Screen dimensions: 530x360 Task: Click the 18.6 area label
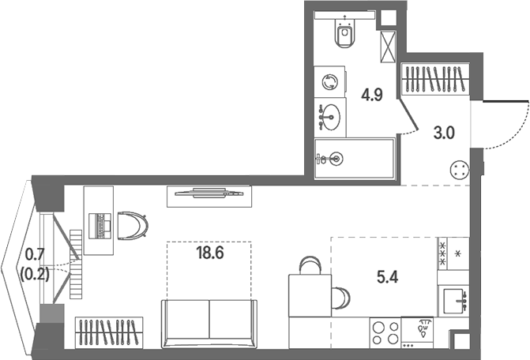coord(210,253)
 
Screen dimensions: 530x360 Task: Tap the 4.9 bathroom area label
coord(372,95)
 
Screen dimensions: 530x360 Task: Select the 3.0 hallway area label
coord(444,133)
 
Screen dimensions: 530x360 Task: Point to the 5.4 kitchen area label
coord(387,277)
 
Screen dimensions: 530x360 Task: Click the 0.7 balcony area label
coord(35,254)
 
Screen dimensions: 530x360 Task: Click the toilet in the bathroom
coord(344,33)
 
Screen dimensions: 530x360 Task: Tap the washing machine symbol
coord(329,82)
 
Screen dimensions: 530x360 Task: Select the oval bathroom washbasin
coord(330,117)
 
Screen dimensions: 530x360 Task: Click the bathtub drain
coord(336,158)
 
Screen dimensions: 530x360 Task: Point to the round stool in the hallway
coord(460,170)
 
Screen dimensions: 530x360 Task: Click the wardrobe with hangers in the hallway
coord(435,80)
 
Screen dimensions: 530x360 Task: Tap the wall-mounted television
coord(209,193)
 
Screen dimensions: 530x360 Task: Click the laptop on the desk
coord(100,226)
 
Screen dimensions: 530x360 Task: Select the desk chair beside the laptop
coord(133,226)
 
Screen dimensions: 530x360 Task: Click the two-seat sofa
coord(209,324)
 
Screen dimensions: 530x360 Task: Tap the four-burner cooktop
coord(385,332)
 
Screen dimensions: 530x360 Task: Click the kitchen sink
coord(453,301)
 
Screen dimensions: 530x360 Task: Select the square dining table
coord(310,295)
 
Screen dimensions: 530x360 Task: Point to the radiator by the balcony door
coord(76,264)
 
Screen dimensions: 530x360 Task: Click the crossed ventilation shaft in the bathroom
coord(388,47)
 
